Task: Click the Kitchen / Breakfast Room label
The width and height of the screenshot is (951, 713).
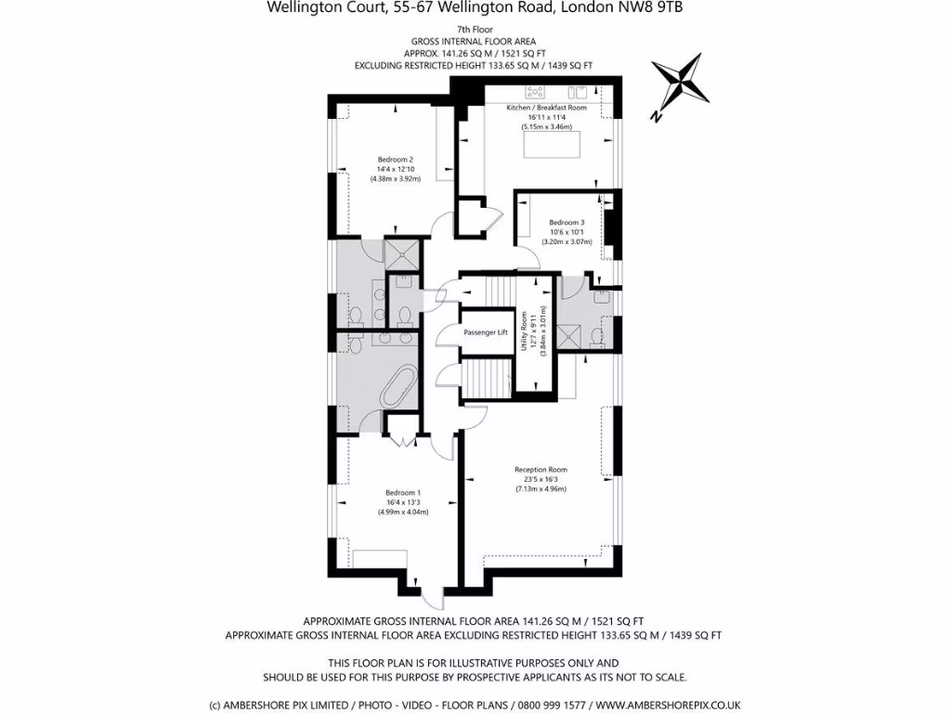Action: [x=546, y=108]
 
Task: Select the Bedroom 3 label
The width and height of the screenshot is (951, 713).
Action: [x=567, y=223]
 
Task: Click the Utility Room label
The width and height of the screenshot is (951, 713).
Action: [x=525, y=331]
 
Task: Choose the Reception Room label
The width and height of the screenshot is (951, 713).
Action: [x=541, y=469]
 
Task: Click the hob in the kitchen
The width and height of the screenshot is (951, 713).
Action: [x=535, y=91]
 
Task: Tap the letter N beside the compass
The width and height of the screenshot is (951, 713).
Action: [x=656, y=117]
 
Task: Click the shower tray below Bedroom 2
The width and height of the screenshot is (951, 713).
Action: [x=402, y=253]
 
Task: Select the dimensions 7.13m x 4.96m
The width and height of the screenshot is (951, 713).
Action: [x=541, y=489]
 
